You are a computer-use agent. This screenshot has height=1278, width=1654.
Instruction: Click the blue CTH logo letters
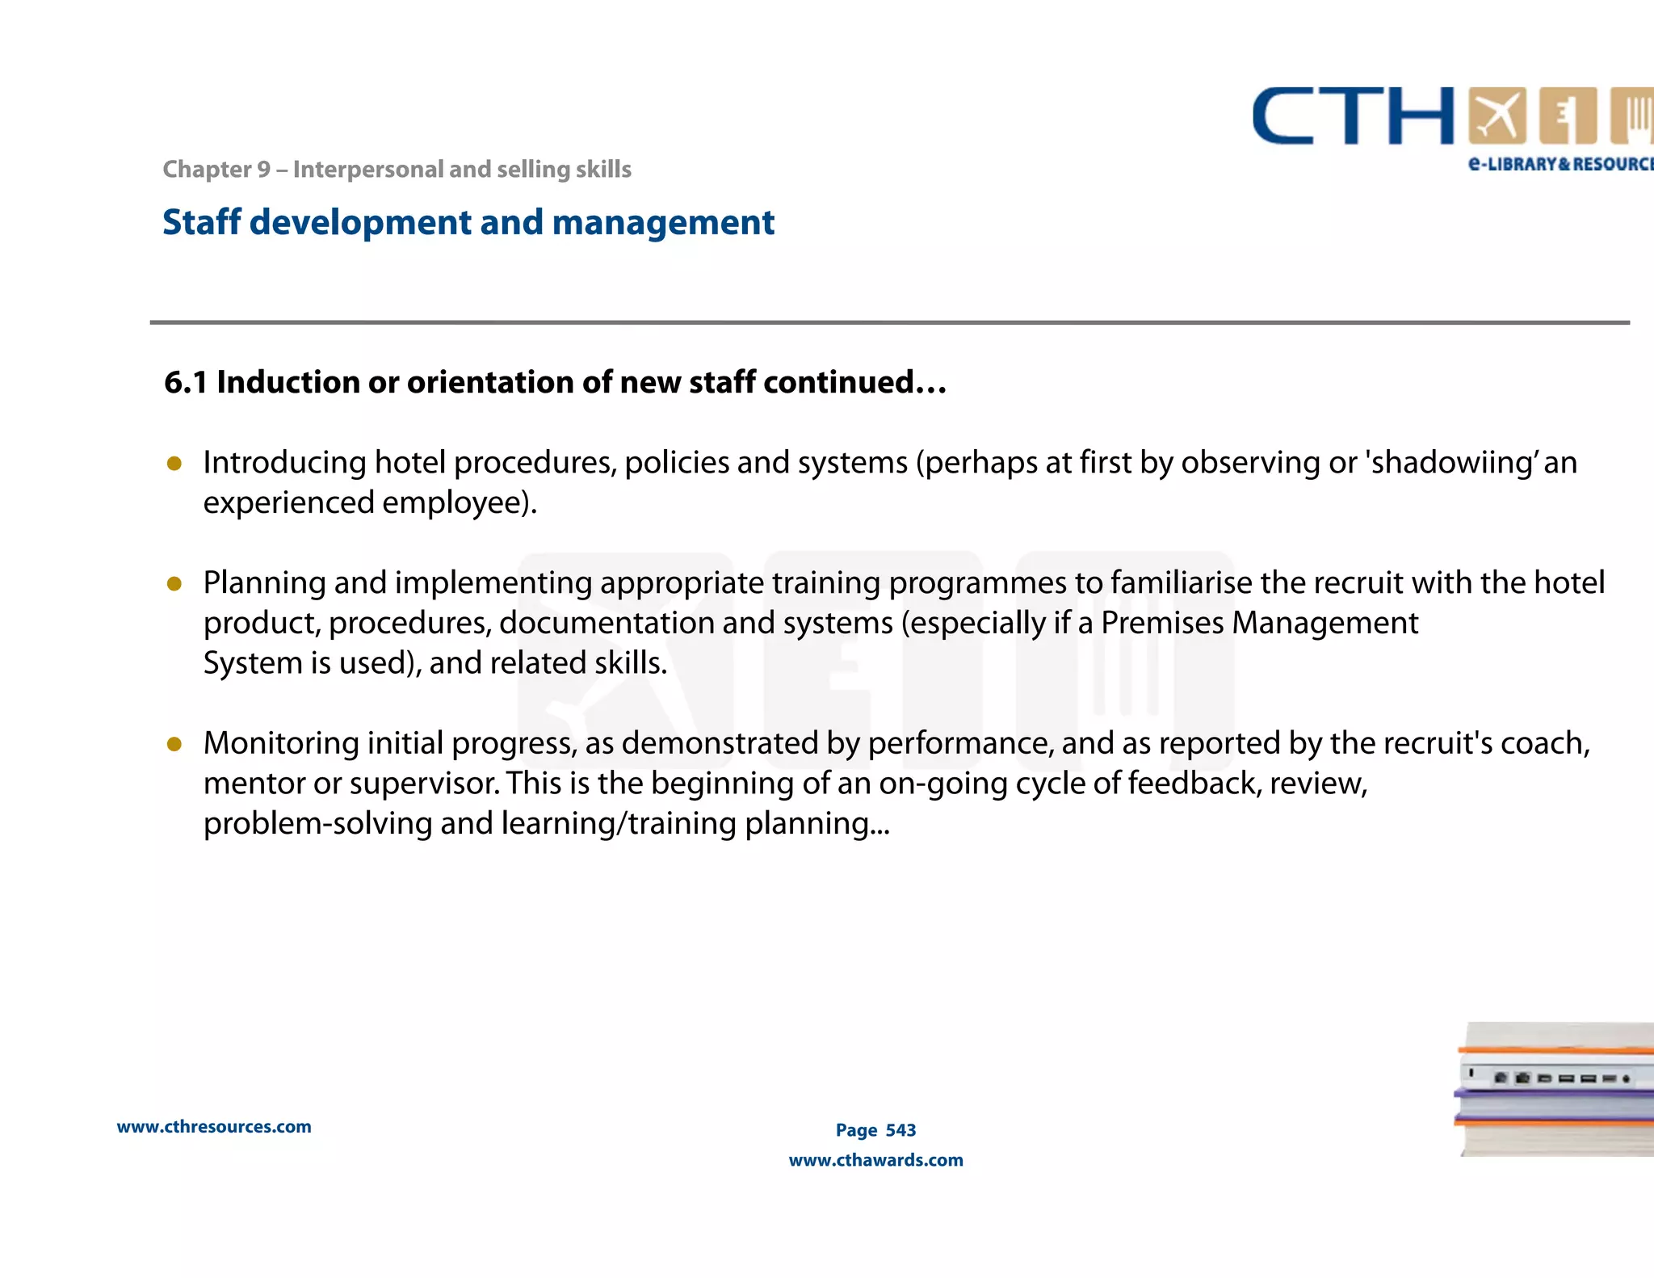pos(1353,117)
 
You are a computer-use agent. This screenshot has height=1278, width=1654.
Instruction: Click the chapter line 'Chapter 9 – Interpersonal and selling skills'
pos(397,170)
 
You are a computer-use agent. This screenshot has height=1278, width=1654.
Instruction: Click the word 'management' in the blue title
pos(663,222)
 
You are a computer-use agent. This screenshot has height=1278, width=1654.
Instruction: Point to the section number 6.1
pos(185,382)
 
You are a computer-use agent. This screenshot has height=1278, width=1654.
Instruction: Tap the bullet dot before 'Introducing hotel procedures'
pos(174,464)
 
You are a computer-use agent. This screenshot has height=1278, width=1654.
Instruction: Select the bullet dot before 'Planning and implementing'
pos(174,583)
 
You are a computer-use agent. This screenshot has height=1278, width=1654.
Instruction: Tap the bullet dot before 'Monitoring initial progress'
pos(174,744)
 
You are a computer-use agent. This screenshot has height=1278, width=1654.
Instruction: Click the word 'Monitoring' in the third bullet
pos(281,743)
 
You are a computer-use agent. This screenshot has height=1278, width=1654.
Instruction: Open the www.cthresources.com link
pos(214,1127)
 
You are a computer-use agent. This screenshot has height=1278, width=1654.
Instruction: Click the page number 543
pos(900,1130)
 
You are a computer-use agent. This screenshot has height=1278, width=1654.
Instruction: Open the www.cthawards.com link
pos(875,1160)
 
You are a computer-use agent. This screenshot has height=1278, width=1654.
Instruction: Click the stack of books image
pos(1555,1089)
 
